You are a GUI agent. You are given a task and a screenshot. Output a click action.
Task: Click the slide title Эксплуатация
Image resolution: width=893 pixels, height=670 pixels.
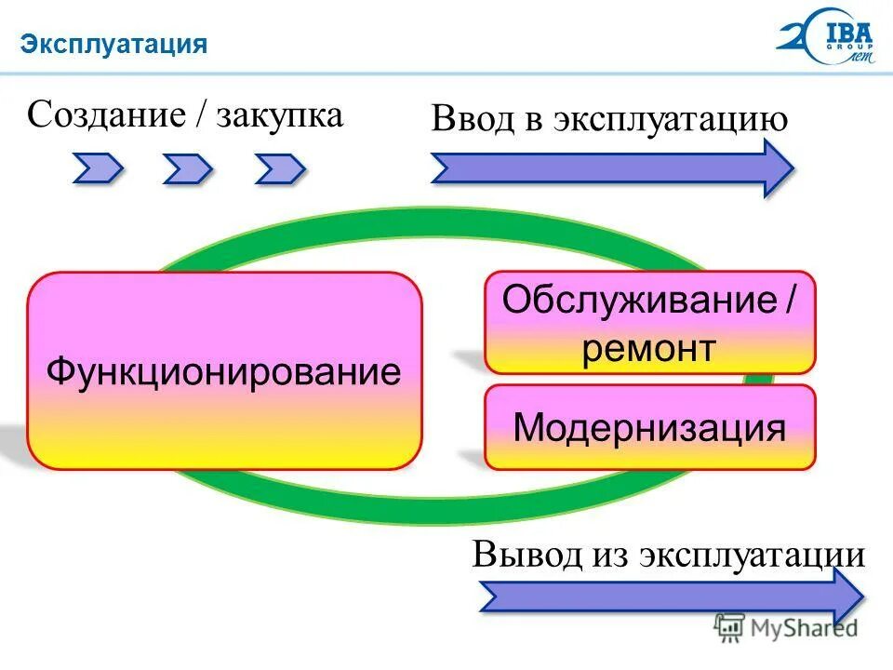coord(114,44)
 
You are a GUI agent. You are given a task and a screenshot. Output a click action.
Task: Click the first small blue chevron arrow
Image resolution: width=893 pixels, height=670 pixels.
coord(98,168)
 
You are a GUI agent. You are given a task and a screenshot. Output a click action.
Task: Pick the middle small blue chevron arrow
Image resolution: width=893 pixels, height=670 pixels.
coord(188,168)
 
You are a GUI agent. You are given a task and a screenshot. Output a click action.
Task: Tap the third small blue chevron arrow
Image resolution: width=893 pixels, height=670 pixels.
coord(280,168)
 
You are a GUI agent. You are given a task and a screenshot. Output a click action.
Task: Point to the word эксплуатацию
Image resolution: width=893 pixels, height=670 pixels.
coord(672,121)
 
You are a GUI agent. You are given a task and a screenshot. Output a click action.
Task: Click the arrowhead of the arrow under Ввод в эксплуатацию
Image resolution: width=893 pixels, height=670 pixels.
coord(777,168)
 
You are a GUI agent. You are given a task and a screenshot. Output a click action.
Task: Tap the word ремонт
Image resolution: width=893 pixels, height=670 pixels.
coord(649,349)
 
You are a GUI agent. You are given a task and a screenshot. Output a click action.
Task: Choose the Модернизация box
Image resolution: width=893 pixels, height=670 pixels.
coord(649,427)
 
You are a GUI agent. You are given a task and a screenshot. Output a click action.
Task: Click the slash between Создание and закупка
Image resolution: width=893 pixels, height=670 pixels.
coord(201,117)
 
